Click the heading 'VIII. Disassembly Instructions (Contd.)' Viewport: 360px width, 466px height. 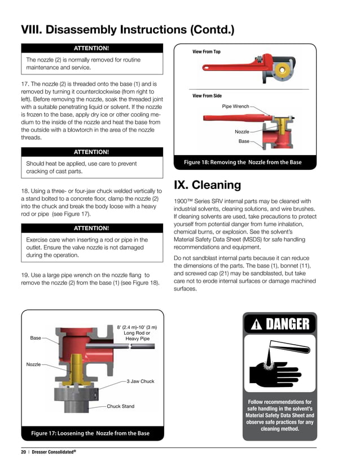click(128, 29)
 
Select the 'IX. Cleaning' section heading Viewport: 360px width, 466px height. click(207, 184)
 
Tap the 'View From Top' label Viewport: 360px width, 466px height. click(207, 52)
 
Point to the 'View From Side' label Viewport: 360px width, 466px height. click(207, 96)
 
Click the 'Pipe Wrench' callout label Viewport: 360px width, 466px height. click(235, 105)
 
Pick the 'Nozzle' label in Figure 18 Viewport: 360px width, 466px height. click(242, 131)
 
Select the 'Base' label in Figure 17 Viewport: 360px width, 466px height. click(36, 338)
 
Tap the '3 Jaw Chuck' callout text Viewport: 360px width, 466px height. click(140, 381)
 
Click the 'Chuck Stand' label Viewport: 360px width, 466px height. click(121, 406)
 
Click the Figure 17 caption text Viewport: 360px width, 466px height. click(90, 433)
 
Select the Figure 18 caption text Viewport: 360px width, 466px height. click(243, 162)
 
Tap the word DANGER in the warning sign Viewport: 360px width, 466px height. click(288, 324)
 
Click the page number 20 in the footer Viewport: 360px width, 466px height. click(24, 452)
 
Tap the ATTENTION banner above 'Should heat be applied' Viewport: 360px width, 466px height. click(91, 152)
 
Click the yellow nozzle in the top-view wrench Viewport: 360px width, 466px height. click(280, 71)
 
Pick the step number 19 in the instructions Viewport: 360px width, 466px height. click(25, 275)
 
